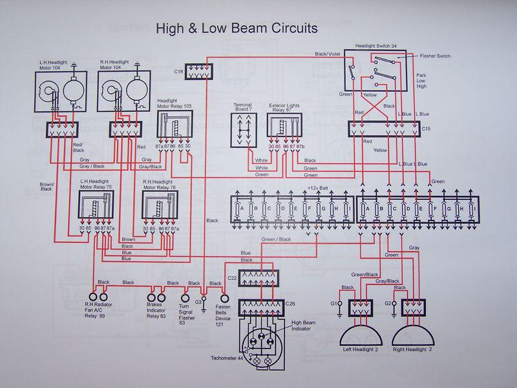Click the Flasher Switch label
pos(435,56)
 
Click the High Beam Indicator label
pos(305,325)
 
